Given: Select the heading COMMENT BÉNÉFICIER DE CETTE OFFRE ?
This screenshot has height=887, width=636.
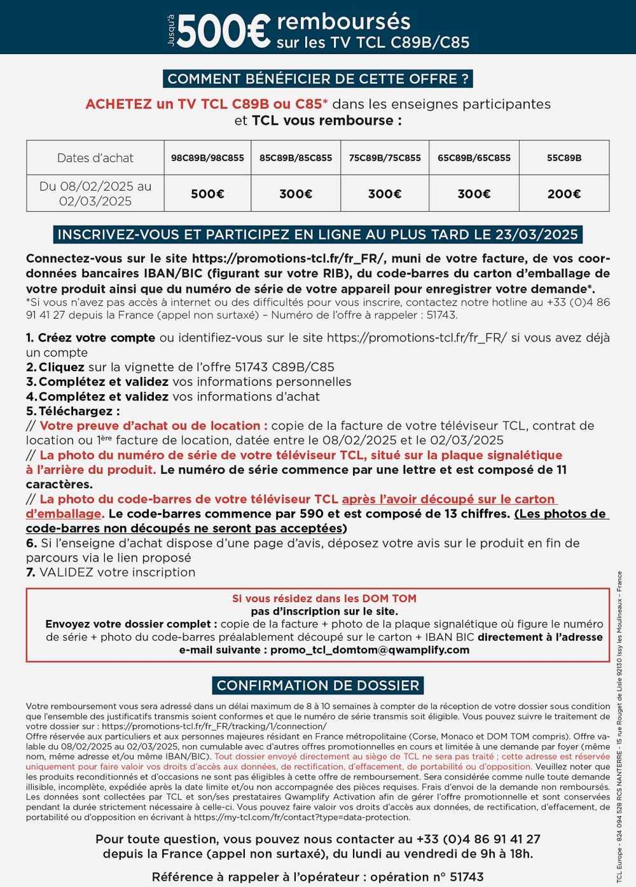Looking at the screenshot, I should pyautogui.click(x=318, y=79).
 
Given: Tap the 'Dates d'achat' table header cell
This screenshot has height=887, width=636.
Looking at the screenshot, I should pyautogui.click(x=95, y=158).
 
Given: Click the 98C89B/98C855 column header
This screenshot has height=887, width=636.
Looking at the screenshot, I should pyautogui.click(x=207, y=158).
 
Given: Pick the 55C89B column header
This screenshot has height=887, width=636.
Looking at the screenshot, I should pyautogui.click(x=564, y=158).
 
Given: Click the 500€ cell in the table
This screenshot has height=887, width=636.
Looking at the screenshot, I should pyautogui.click(x=207, y=194).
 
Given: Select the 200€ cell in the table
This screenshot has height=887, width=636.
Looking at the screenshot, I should pyautogui.click(x=564, y=194).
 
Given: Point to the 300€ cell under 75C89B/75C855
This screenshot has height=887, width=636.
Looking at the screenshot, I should pyautogui.click(x=385, y=194).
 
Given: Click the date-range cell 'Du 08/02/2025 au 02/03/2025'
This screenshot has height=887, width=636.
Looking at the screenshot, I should pyautogui.click(x=95, y=194).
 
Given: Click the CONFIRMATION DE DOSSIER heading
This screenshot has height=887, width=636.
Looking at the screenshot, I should pyautogui.click(x=318, y=685).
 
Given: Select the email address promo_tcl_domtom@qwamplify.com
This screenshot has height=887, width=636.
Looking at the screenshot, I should pyautogui.click(x=370, y=650).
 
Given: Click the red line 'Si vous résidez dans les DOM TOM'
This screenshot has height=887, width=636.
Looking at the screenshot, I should pyautogui.click(x=324, y=598).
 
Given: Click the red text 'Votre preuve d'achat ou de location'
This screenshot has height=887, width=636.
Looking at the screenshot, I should pyautogui.click(x=150, y=425).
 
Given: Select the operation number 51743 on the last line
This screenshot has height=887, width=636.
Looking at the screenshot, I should pyautogui.click(x=467, y=877).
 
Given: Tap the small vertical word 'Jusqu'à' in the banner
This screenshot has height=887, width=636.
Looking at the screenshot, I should pyautogui.click(x=170, y=31).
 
